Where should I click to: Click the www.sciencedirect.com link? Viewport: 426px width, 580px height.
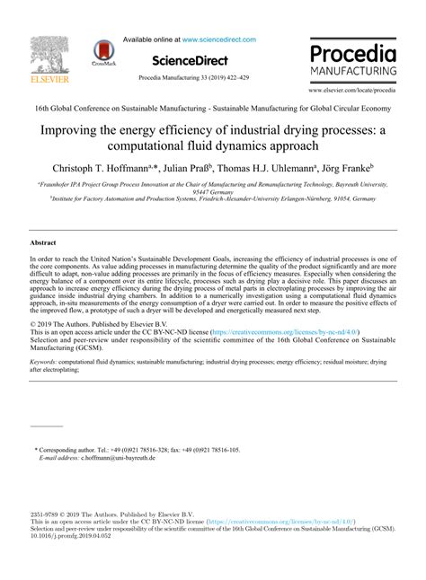point(218,40)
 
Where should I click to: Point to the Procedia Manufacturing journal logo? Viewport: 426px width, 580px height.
point(353,58)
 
